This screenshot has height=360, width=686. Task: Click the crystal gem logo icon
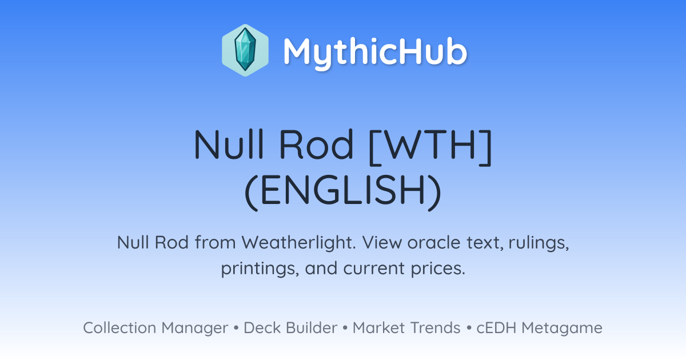pyautogui.click(x=245, y=50)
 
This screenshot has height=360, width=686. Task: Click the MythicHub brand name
pyautogui.click(x=375, y=53)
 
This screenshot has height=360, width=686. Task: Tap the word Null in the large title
pyautogui.click(x=229, y=144)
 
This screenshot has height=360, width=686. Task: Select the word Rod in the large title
pyautogui.click(x=316, y=144)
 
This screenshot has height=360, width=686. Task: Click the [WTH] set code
pyautogui.click(x=430, y=147)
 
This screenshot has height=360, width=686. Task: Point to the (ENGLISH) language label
pyautogui.click(x=343, y=192)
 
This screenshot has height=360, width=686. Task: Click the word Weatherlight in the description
pyautogui.click(x=298, y=242)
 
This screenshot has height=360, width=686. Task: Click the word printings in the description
pyautogui.click(x=260, y=269)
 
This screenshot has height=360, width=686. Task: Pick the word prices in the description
pyautogui.click(x=438, y=269)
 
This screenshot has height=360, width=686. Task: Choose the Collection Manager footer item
pyautogui.click(x=155, y=328)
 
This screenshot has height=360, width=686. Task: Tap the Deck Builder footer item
pyautogui.click(x=290, y=327)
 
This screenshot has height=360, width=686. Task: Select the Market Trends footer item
pyautogui.click(x=406, y=327)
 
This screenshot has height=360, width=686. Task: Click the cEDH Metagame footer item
pyautogui.click(x=539, y=328)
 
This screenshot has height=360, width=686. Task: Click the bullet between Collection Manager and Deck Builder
pyautogui.click(x=236, y=328)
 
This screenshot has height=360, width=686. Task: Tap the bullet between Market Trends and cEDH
pyautogui.click(x=469, y=328)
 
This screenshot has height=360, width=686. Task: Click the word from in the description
pyautogui.click(x=216, y=243)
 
